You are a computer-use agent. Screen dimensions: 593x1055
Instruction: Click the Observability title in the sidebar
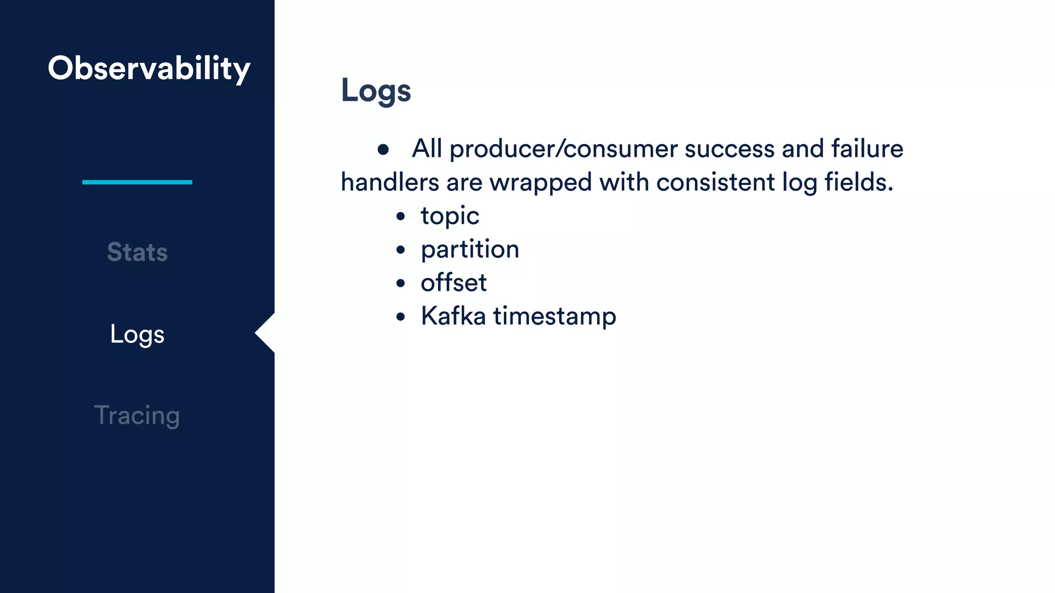149,68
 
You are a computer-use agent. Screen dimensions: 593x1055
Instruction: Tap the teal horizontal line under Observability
137,182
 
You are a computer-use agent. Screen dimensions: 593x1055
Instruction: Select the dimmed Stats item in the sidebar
137,252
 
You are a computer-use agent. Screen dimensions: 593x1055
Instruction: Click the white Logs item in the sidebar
137,335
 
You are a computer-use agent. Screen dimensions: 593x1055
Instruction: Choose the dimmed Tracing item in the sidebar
137,415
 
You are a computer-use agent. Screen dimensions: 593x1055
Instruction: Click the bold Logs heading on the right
376,91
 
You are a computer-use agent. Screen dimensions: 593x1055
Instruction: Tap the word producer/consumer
563,149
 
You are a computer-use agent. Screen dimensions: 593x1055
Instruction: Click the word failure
867,148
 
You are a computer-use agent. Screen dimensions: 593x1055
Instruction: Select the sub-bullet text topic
450,216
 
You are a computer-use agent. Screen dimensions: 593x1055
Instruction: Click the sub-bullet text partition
470,250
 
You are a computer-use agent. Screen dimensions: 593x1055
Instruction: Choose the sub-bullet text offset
453,283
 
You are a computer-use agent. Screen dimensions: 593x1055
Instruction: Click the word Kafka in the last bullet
453,316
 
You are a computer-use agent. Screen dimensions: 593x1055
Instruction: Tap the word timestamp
554,317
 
